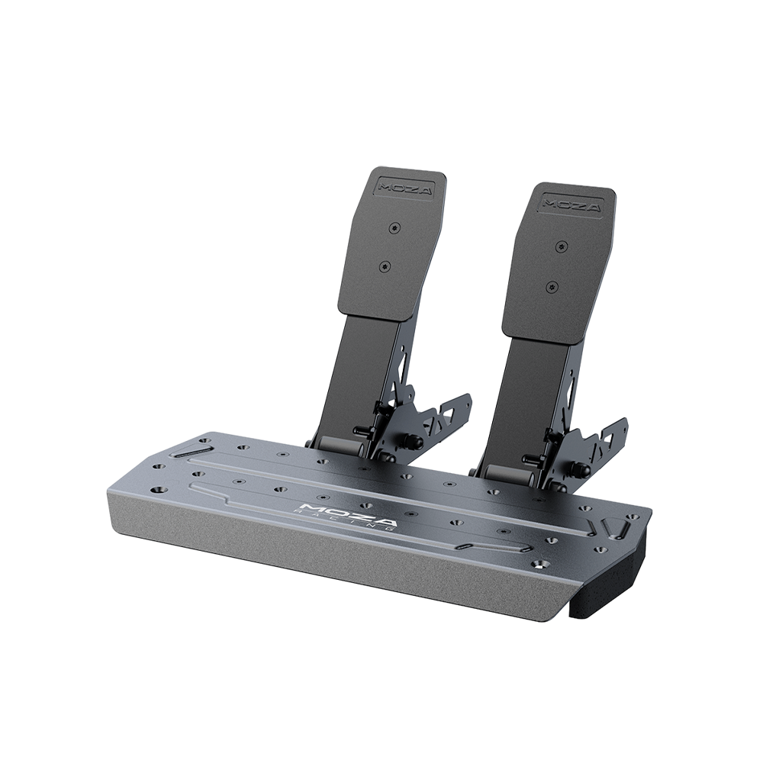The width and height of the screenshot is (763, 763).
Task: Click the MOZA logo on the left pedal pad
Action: coord(405,188)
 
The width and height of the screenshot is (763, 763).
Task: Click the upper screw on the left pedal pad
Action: coord(394,227)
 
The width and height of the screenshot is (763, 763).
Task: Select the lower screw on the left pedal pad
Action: coord(385,266)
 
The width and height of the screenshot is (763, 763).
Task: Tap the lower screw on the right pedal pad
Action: coord(552,286)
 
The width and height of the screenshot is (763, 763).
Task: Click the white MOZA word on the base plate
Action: coord(345,515)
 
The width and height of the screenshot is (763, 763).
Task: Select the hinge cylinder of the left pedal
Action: coord(340,446)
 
